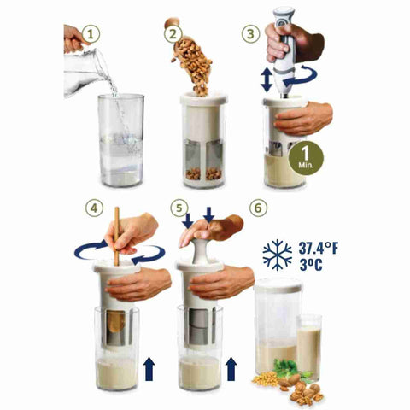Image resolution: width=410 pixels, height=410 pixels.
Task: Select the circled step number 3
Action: pyautogui.click(x=250, y=36)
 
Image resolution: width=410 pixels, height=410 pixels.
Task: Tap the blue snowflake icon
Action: pyautogui.click(x=278, y=254)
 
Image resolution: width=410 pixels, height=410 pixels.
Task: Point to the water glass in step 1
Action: pyautogui.click(x=120, y=141)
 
